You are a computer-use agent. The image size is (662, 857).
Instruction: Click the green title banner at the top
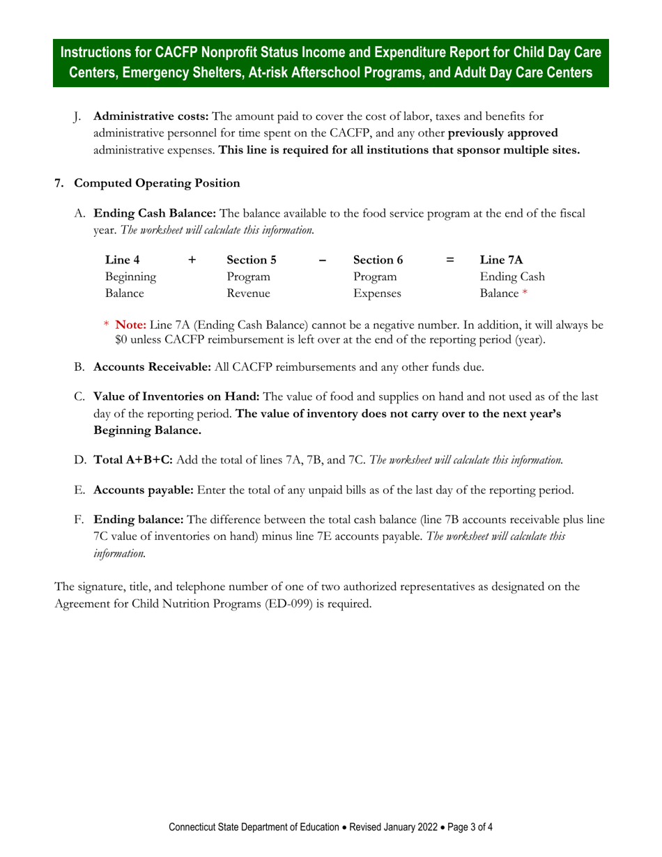pyautogui.click(x=331, y=63)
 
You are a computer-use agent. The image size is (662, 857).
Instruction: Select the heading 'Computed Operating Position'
pyautogui.click(x=157, y=183)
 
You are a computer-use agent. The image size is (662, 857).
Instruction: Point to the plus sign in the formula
pyautogui.click(x=192, y=260)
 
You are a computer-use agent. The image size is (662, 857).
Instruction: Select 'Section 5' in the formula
pyautogui.click(x=252, y=260)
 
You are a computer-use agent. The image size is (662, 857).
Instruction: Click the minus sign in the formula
pyautogui.click(x=321, y=260)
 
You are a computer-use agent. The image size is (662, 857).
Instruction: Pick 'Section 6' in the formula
pyautogui.click(x=378, y=260)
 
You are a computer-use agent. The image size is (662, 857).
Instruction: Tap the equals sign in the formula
pyautogui.click(x=451, y=260)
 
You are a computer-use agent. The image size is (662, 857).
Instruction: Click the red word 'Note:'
pyautogui.click(x=130, y=325)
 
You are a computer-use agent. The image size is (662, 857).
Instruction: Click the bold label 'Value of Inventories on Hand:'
pyautogui.click(x=176, y=396)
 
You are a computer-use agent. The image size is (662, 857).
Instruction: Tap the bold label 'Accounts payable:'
pyautogui.click(x=144, y=490)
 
